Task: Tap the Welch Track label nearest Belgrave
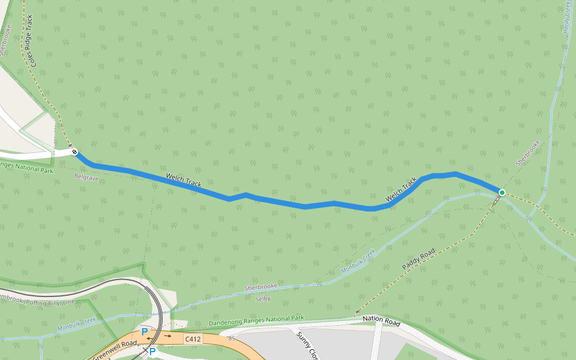point(184,179)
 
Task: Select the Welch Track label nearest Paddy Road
point(401,189)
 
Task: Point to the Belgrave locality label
point(86,178)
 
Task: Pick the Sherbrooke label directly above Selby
point(261,287)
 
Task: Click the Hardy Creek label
point(567,17)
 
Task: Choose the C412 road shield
point(193,339)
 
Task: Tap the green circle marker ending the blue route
point(502,193)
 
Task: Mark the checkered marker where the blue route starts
point(74,152)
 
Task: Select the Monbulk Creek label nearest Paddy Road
point(358,262)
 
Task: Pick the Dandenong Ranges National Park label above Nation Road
point(256,321)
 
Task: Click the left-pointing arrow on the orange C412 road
point(148,340)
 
